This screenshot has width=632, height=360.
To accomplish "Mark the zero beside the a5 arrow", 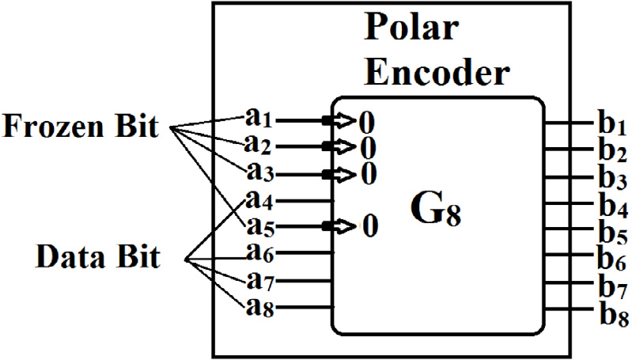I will [x=368, y=228].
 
